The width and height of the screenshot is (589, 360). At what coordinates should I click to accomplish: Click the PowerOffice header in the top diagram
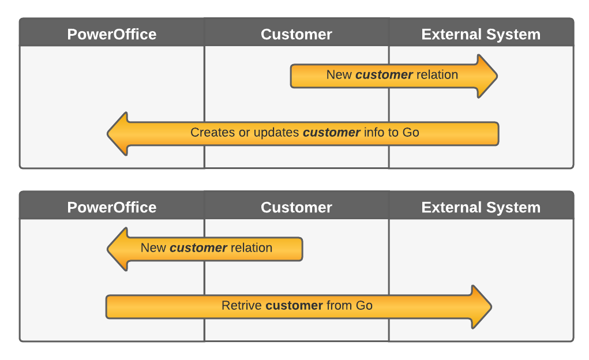pos(111,35)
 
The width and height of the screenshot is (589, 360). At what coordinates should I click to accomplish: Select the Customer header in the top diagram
pos(297,35)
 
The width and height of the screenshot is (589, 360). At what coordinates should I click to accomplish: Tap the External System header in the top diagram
pos(481,35)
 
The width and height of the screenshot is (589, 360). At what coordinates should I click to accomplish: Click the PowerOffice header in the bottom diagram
pos(111,208)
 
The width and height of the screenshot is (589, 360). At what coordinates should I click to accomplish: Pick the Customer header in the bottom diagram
pos(297,208)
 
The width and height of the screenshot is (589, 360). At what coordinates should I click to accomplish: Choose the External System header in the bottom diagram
pos(481,208)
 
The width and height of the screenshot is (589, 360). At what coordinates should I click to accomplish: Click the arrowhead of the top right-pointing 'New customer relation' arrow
pos(487,76)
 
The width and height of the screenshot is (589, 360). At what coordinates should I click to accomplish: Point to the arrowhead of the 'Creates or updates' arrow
pos(118,133)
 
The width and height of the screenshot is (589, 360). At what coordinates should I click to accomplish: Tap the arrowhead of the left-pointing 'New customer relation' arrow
pos(118,249)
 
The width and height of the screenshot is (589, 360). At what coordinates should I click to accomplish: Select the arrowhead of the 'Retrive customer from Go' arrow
pos(481,306)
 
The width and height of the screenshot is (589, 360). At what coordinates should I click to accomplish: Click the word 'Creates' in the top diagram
pos(212,133)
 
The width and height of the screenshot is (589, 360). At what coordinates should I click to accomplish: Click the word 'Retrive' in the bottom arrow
pos(242,306)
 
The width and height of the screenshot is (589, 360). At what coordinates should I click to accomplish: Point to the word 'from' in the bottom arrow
pos(339,306)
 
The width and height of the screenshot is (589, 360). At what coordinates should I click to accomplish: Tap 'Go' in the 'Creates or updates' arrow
pos(410,133)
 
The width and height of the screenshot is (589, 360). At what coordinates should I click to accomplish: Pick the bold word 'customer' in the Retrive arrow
pos(294,306)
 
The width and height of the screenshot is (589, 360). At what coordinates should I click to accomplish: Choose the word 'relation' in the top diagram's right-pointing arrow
pos(437,75)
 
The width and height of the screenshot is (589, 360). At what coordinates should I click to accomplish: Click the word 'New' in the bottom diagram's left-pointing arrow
pos(153,248)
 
